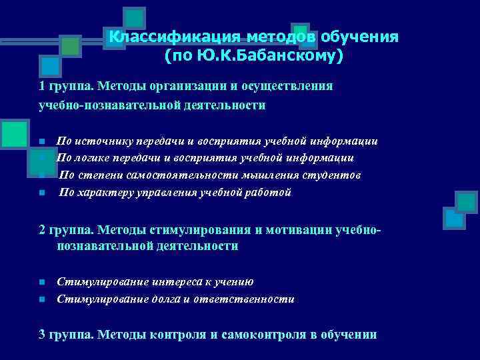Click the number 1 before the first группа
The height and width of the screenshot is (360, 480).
pos(41,86)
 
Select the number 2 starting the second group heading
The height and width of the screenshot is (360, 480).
pos(41,230)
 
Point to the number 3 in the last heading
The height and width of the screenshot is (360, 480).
pos(41,335)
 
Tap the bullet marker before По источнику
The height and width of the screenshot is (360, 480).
pos(41,142)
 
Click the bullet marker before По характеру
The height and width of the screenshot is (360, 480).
pos(41,193)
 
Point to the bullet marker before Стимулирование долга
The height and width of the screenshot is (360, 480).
pos(41,300)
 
